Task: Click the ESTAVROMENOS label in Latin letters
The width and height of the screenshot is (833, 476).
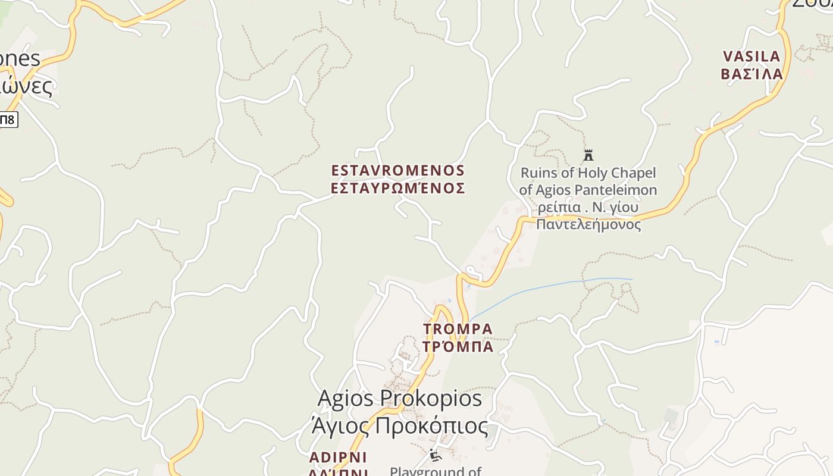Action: (397, 171)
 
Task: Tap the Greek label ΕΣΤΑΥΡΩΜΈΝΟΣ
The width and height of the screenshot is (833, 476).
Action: (397, 189)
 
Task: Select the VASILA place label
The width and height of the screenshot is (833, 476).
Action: (751, 57)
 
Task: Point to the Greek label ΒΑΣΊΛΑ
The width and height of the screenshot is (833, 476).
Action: (751, 74)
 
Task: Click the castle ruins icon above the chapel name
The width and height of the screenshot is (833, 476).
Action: (588, 155)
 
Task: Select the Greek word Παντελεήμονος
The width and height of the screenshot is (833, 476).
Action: (588, 224)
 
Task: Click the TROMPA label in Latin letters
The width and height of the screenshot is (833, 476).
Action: (458, 329)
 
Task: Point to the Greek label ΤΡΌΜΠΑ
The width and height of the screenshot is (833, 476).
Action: (458, 346)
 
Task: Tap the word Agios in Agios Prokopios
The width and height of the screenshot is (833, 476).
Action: (345, 399)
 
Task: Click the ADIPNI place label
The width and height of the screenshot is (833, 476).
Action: (338, 458)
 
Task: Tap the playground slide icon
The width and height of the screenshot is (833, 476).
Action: (436, 456)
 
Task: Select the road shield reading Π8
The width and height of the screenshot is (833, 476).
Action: (8, 120)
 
